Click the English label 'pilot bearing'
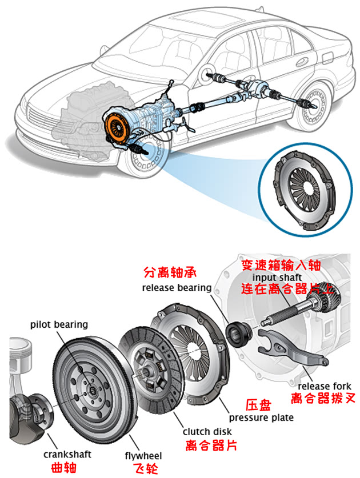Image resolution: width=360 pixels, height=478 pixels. (59, 324)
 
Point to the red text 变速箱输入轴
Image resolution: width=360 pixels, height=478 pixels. (281, 264)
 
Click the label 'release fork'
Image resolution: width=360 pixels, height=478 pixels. (321, 387)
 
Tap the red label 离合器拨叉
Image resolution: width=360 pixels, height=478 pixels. (320, 399)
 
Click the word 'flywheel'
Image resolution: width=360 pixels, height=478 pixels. (143, 456)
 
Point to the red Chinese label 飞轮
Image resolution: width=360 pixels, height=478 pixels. (144, 468)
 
